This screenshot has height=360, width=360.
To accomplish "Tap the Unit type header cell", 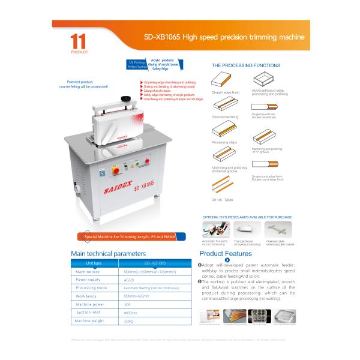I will [x=94, y=263].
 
